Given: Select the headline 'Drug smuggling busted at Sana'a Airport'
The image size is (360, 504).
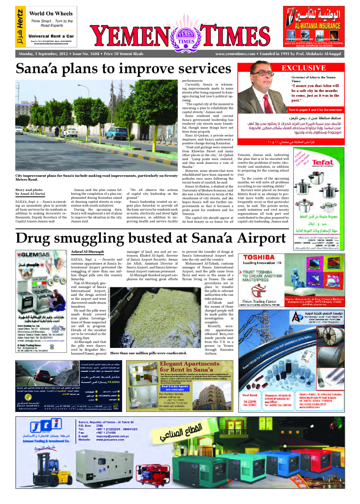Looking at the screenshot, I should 150,238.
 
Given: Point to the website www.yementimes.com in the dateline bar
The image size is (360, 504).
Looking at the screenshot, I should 234,54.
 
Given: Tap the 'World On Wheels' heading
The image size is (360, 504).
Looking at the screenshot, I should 50,12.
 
